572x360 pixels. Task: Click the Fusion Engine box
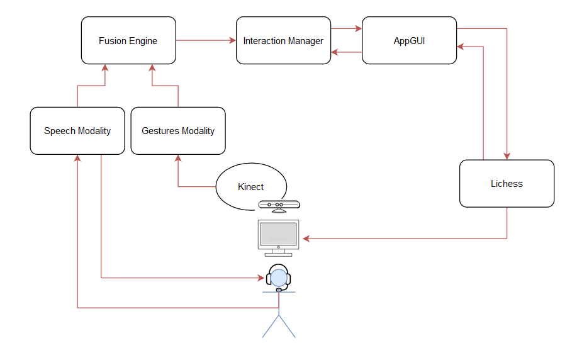(x=128, y=41)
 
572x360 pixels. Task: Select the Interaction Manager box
(x=283, y=41)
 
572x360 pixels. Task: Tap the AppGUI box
(x=409, y=41)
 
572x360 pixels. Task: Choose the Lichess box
(x=507, y=184)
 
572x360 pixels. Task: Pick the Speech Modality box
(x=77, y=131)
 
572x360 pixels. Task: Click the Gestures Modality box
(x=178, y=131)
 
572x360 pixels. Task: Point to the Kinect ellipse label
(x=250, y=187)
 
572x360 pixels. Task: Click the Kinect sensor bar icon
(x=279, y=205)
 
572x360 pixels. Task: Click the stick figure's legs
(x=278, y=326)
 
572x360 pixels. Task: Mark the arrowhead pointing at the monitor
(x=306, y=239)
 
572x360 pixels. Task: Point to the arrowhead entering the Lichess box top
(x=507, y=156)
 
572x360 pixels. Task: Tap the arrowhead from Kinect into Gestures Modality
(x=178, y=159)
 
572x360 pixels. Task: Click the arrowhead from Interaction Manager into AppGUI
(x=359, y=28)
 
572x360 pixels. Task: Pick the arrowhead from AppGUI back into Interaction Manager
(x=335, y=52)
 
